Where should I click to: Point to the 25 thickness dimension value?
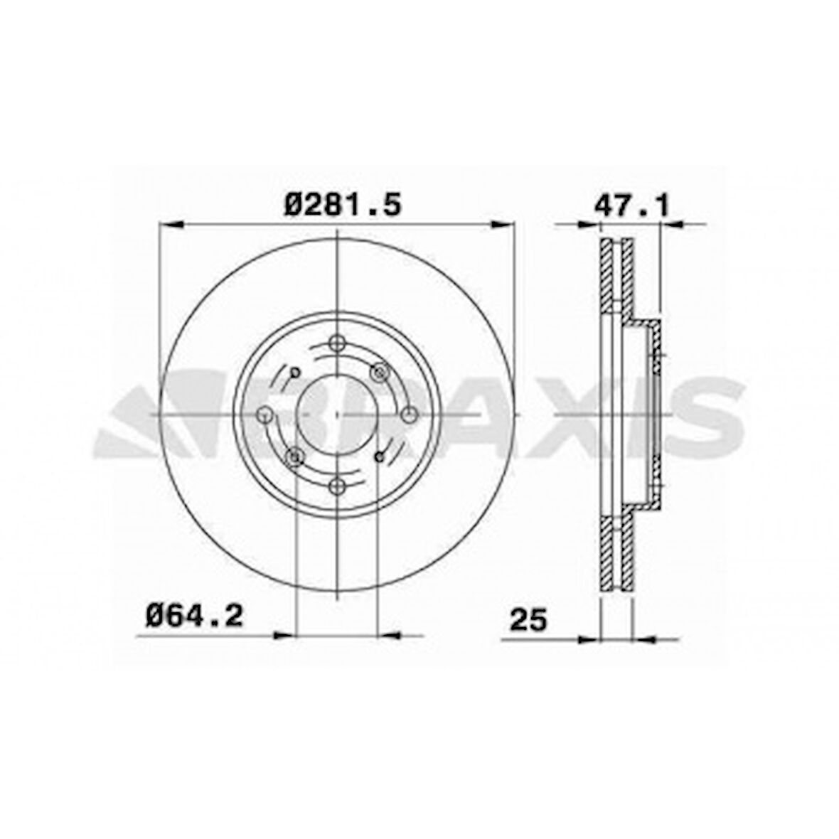(x=528, y=620)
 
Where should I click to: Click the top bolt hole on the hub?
(x=338, y=341)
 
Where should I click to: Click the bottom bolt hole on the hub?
(x=338, y=486)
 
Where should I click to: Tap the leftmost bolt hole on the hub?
(x=264, y=414)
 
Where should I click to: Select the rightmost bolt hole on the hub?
(x=410, y=414)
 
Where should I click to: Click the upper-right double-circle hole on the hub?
(x=382, y=371)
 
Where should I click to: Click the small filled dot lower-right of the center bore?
(x=380, y=456)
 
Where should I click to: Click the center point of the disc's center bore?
(x=338, y=414)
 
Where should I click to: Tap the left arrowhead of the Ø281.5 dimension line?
(x=171, y=225)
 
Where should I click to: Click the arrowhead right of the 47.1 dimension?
(x=671, y=225)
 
